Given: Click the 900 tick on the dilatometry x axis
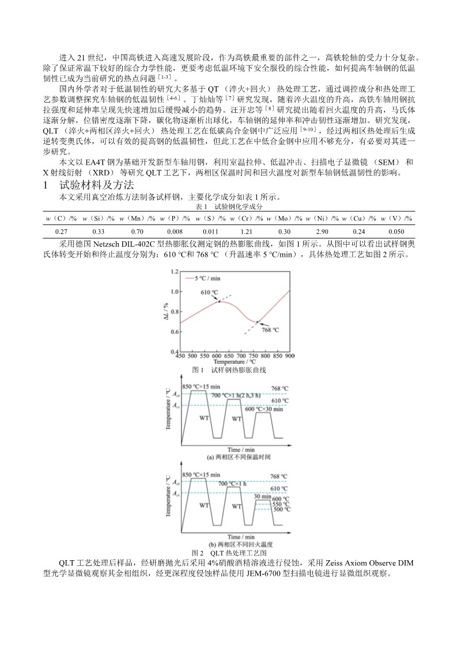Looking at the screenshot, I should [289, 356].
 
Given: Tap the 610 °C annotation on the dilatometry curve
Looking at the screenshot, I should [210, 292].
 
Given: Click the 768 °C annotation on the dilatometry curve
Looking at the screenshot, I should [270, 330].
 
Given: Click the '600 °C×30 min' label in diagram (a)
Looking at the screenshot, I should [264, 409].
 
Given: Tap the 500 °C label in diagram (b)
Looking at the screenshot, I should [281, 510].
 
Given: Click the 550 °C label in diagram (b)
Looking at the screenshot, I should [281, 504].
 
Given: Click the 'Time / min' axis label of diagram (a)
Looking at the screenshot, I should [241, 449].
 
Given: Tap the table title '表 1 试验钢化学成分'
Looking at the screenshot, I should [229, 206].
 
